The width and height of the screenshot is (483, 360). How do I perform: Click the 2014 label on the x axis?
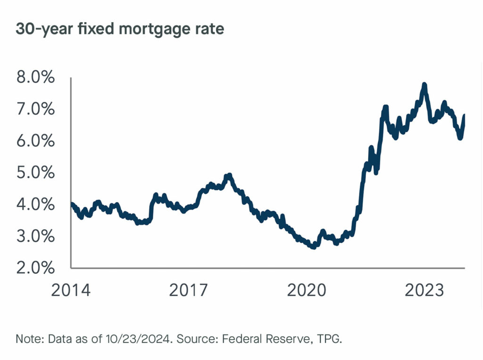pyautogui.click(x=70, y=290)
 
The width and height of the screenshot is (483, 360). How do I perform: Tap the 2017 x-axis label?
pyautogui.click(x=188, y=290)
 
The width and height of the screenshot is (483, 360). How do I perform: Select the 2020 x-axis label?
pyautogui.click(x=307, y=290)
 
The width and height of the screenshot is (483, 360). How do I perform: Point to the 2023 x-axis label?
pyautogui.click(x=425, y=290)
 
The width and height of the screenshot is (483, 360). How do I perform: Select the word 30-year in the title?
pyautogui.click(x=38, y=29)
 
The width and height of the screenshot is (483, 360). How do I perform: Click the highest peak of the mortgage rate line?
pyautogui.click(x=425, y=84)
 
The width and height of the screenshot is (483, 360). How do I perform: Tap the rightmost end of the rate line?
pyautogui.click(x=465, y=115)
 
